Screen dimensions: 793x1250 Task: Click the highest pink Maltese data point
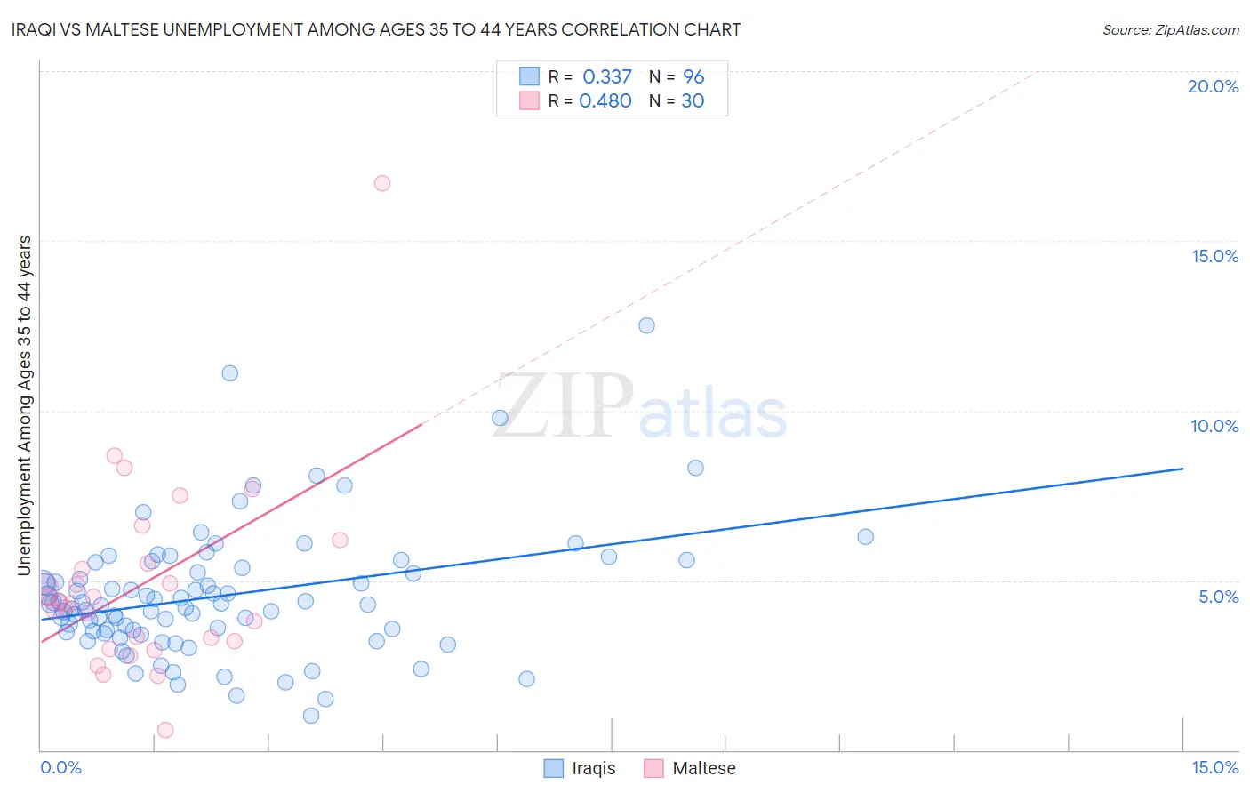coord(382,183)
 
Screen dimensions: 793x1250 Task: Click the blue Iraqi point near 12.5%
coord(646,325)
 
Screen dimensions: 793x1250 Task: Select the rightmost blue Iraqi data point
coord(865,537)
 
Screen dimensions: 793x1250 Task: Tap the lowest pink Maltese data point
coord(165,730)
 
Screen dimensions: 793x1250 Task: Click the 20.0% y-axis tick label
coord(1213,86)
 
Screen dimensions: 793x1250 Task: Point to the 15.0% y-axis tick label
coord(1214,256)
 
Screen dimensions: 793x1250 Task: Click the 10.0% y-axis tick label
coord(1214,426)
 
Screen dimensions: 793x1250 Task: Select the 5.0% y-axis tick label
coord(1218,597)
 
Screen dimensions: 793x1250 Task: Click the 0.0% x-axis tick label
coord(60,767)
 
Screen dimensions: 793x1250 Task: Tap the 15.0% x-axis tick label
coord(1214,767)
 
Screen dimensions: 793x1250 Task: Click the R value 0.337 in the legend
coord(607,76)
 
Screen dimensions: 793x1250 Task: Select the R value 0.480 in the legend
coord(605,100)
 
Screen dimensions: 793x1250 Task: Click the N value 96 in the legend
coord(693,76)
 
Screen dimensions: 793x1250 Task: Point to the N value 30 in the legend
coord(693,100)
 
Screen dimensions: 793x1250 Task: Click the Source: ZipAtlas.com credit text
coord(1170,29)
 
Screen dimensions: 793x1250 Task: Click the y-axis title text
coord(24,405)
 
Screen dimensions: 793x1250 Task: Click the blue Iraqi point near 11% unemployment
coord(229,373)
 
